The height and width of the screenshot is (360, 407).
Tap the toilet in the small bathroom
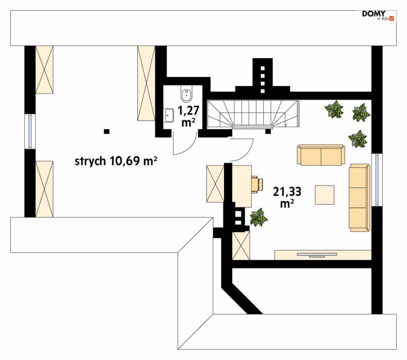[187, 95]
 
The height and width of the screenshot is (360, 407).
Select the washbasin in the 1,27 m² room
[169, 115]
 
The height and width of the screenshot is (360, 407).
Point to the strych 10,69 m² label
[116, 161]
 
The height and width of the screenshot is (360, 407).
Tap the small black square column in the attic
[106, 131]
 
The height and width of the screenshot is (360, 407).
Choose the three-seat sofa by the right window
[359, 198]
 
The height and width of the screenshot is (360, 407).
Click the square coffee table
[325, 195]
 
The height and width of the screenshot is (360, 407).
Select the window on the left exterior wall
[29, 131]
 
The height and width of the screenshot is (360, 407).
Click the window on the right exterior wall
[377, 179]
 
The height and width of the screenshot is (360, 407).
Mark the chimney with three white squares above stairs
[263, 76]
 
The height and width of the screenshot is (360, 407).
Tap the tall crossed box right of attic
[146, 83]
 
